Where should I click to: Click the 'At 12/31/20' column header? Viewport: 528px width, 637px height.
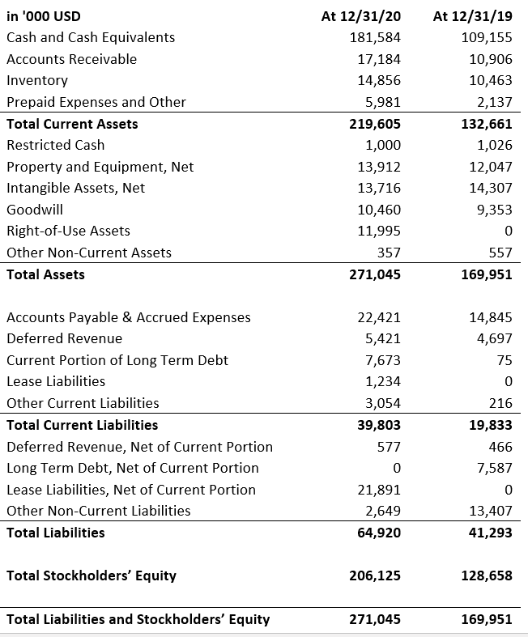click(x=361, y=16)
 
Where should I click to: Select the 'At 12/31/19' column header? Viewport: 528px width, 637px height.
click(x=473, y=16)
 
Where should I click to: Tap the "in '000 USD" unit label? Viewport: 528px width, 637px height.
click(x=44, y=16)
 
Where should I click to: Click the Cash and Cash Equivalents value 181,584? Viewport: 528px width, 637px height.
click(x=375, y=37)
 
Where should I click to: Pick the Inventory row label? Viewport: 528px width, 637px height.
click(x=37, y=80)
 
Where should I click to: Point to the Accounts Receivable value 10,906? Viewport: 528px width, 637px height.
click(x=491, y=59)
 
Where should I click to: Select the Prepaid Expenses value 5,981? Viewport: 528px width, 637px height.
click(x=383, y=102)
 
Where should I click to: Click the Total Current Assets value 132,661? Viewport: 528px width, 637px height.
click(x=487, y=124)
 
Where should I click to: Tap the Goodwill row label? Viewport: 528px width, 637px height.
click(x=35, y=210)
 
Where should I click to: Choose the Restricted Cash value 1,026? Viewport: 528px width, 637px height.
click(x=495, y=145)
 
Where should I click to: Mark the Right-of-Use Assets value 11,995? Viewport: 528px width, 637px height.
click(x=379, y=231)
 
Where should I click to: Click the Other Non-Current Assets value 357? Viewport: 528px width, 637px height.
click(x=389, y=253)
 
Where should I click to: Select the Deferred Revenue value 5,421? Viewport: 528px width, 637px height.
click(x=383, y=338)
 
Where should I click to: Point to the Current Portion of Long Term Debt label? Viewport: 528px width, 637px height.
click(x=117, y=360)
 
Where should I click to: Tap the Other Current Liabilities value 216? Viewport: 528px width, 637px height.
click(x=500, y=403)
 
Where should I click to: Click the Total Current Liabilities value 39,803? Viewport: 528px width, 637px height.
click(x=379, y=425)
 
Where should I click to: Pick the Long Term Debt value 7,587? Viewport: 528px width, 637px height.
click(x=495, y=468)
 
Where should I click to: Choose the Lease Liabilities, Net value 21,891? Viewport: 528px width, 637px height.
click(x=379, y=490)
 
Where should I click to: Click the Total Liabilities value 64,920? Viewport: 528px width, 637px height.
click(x=379, y=533)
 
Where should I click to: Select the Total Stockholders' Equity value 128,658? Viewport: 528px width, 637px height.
click(x=487, y=575)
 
